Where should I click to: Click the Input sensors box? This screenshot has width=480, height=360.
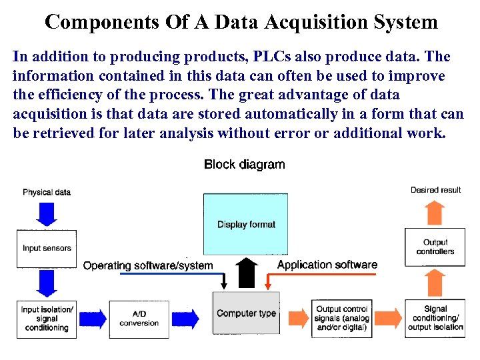coord(47,249)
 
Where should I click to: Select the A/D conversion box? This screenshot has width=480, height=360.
coord(139,319)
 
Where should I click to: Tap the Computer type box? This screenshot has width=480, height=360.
coord(246,313)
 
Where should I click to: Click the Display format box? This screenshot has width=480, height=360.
coord(246,225)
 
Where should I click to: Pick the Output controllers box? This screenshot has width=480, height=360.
coord(435,247)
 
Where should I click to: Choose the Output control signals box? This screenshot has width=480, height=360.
coord(341,319)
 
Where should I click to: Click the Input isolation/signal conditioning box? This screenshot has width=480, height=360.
coord(47,319)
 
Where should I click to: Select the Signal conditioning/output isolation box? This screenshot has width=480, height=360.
coord(435,319)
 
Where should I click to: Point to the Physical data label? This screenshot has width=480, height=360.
coord(47,192)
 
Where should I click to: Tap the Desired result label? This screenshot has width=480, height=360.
coord(435,190)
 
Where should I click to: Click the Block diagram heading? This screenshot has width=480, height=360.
coord(244,165)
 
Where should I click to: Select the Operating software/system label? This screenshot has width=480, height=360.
coord(148,265)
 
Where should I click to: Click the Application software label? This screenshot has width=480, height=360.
coord(327,265)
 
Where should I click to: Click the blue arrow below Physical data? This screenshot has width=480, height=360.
coord(46,213)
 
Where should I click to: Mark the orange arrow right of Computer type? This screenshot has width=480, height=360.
coord(294,319)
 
